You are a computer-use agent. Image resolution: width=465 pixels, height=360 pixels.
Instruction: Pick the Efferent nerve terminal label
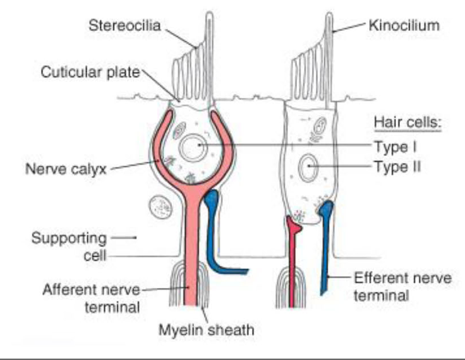(x=399, y=285)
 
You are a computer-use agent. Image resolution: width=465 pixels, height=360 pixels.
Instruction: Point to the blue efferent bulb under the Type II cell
(x=327, y=212)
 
